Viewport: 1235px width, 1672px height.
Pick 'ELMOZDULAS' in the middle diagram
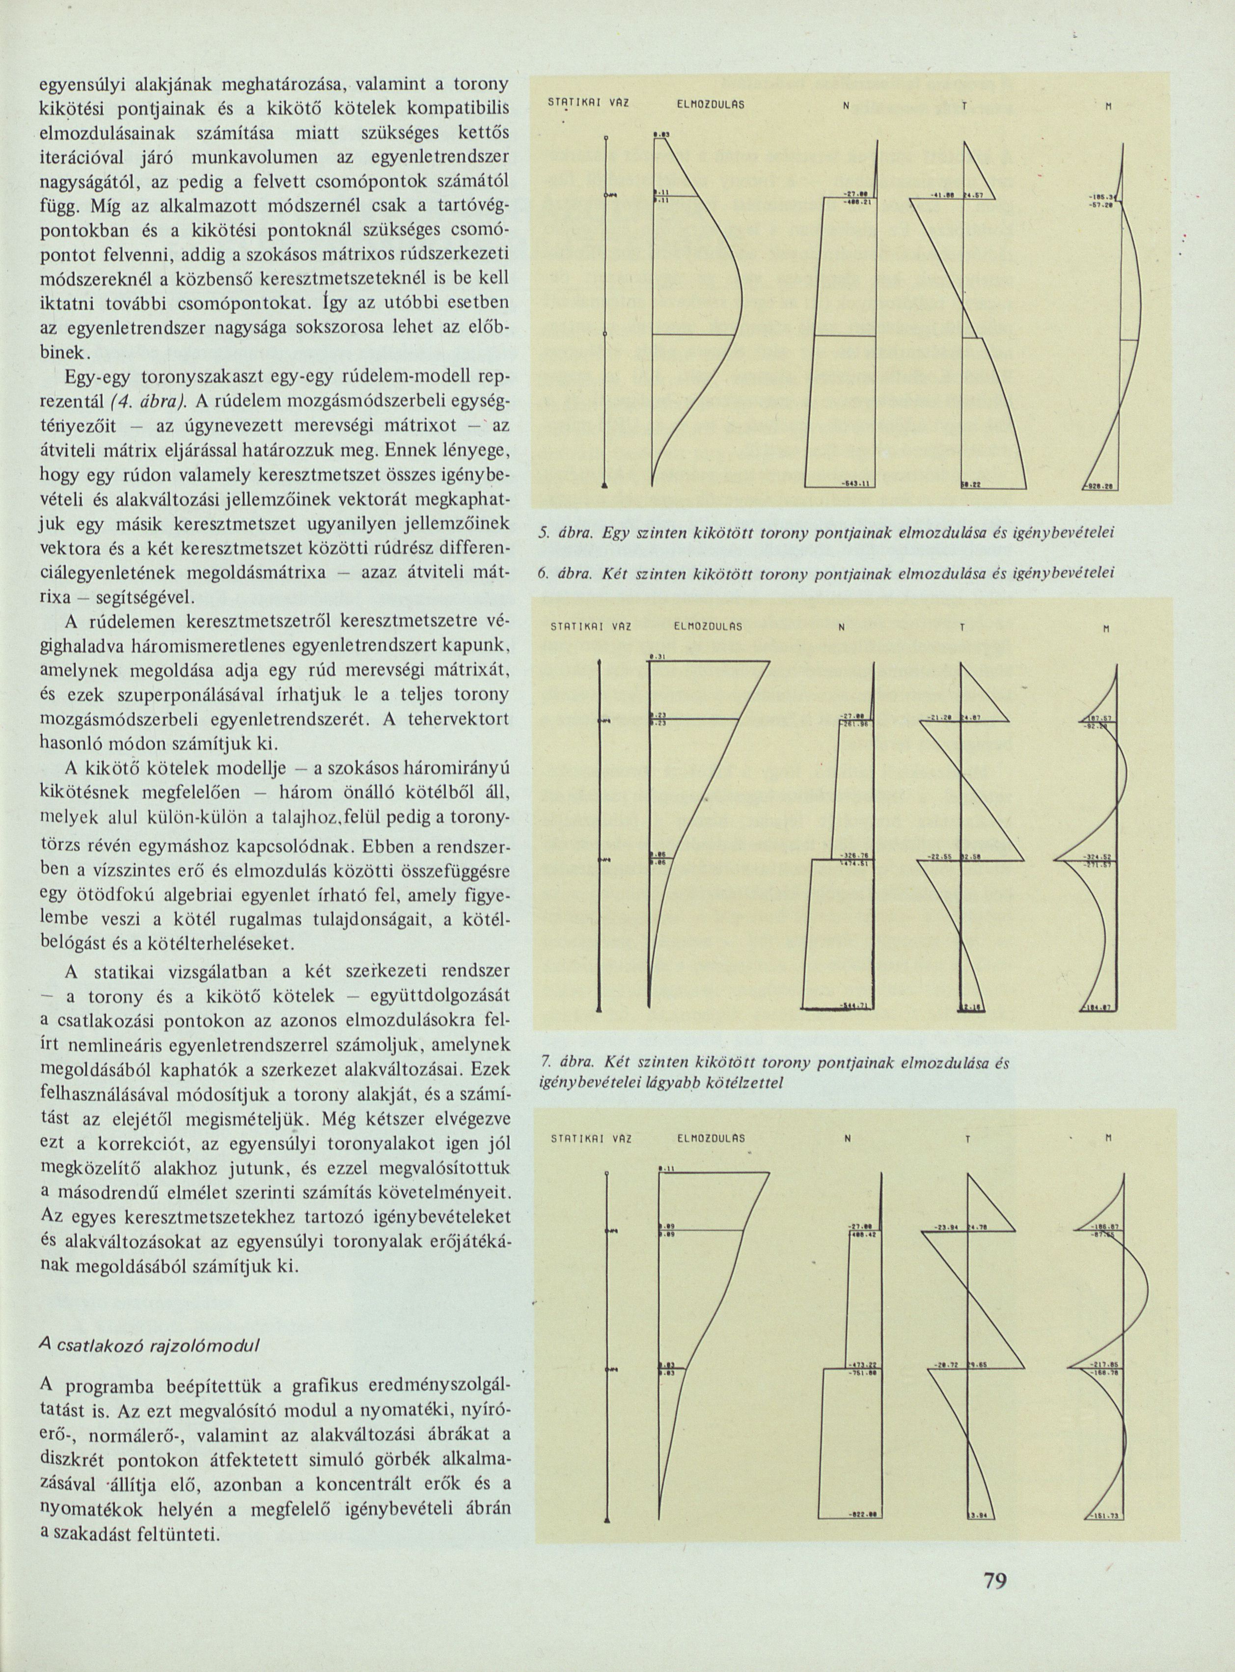(708, 627)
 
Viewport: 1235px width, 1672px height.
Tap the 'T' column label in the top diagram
(964, 106)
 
